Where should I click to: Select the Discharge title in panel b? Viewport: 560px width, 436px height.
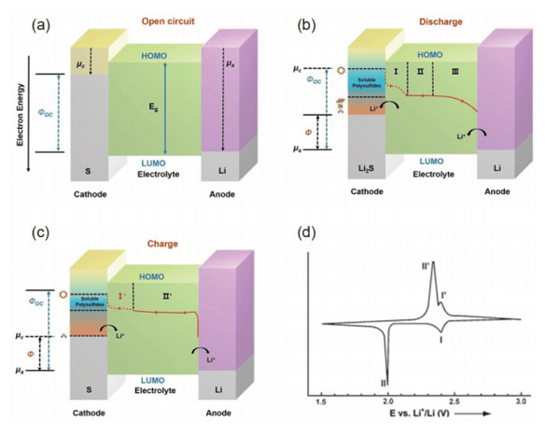pyautogui.click(x=417, y=22)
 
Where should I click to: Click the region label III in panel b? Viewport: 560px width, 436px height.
pyautogui.click(x=455, y=70)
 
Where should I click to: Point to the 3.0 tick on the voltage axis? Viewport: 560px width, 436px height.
pyautogui.click(x=521, y=400)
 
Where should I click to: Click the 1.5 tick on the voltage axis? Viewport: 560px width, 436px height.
pyautogui.click(x=321, y=400)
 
